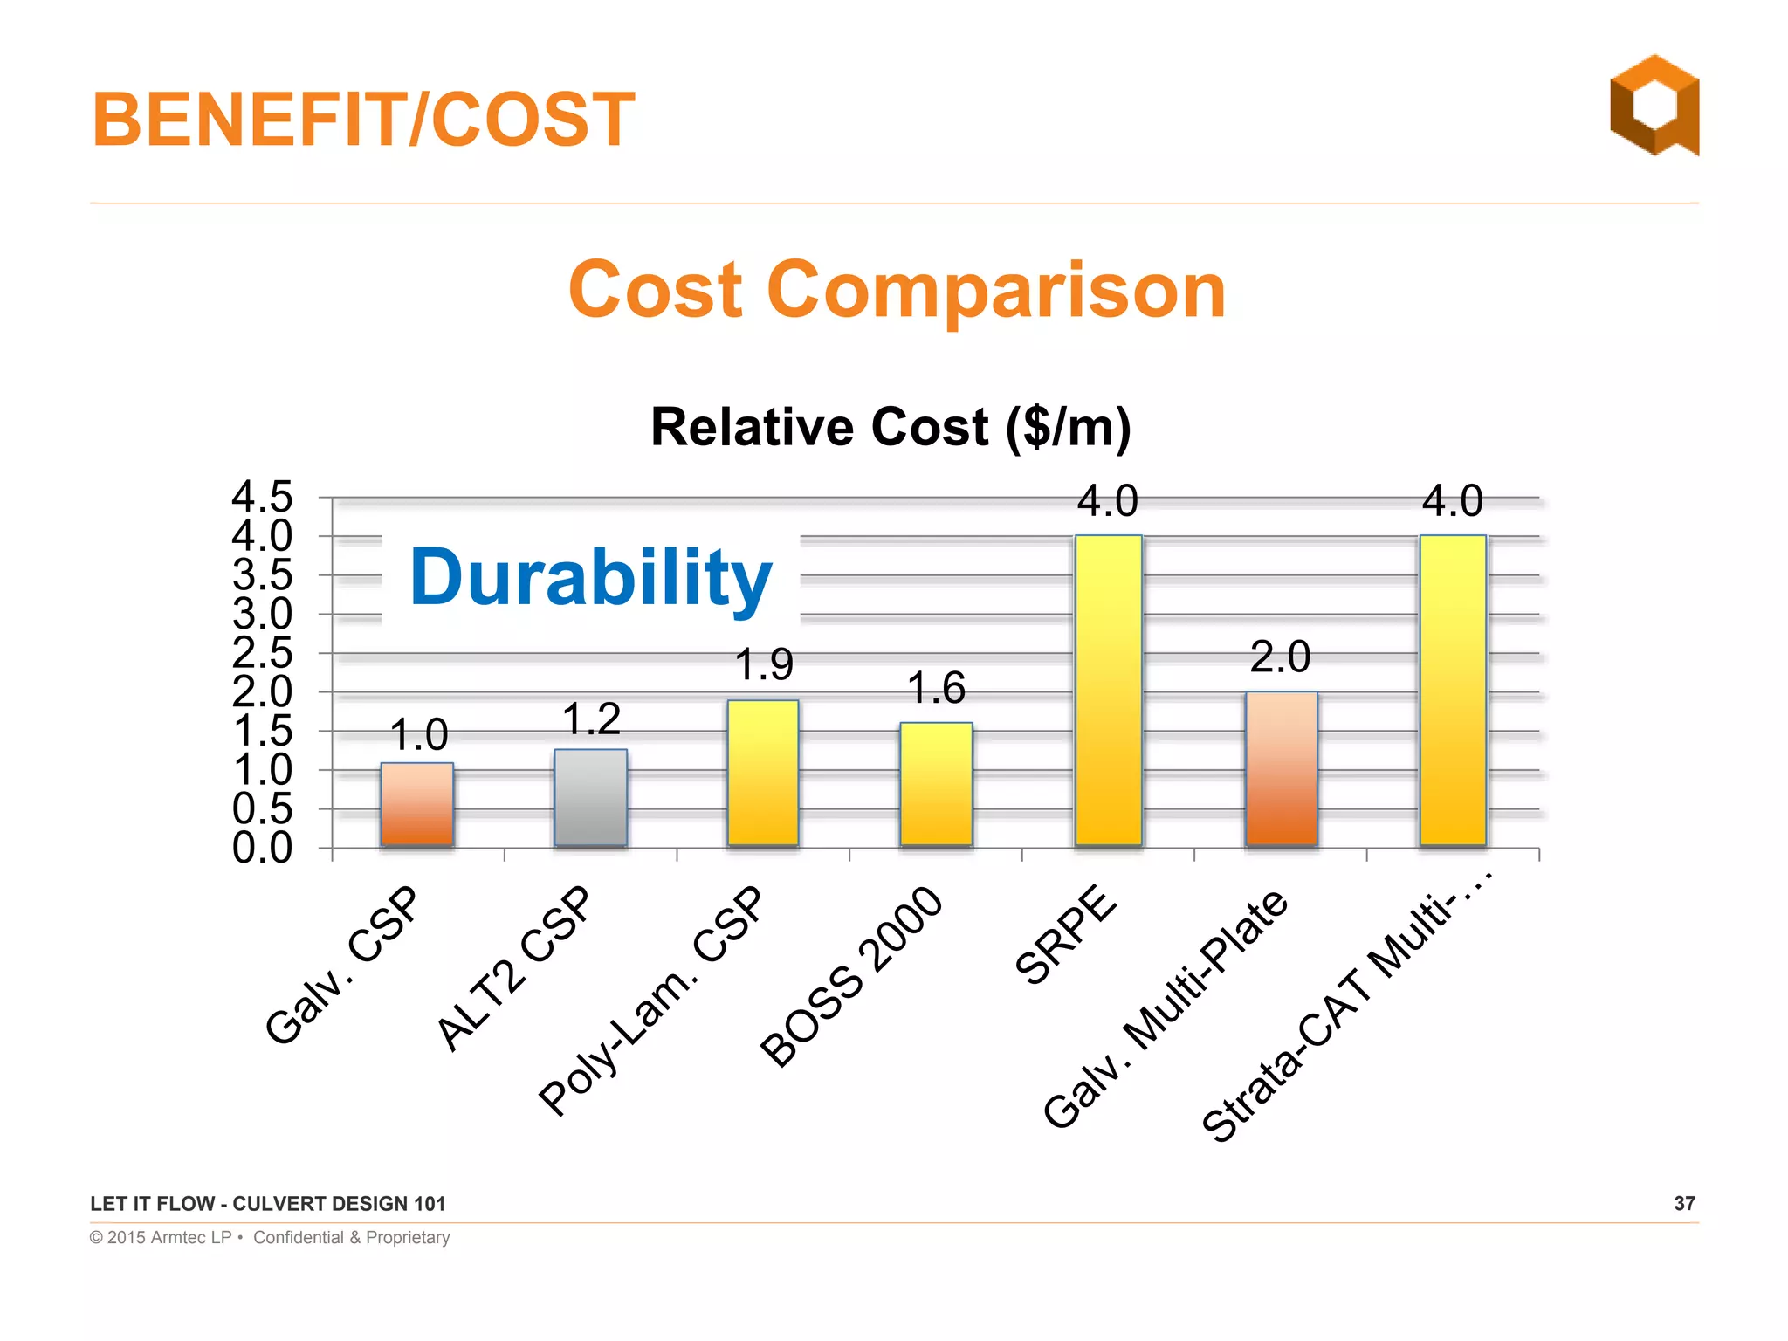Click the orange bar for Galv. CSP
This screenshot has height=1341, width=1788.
pyautogui.click(x=416, y=805)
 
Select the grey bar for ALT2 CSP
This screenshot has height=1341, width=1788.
pyautogui.click(x=590, y=798)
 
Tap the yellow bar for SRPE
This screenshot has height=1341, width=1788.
pyautogui.click(x=1108, y=690)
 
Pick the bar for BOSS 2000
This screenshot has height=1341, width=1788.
pyautogui.click(x=936, y=784)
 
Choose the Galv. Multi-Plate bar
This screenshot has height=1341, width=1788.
pyautogui.click(x=1281, y=768)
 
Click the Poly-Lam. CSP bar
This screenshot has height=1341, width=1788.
pyautogui.click(x=763, y=773)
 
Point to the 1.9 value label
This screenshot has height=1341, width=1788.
pyautogui.click(x=764, y=665)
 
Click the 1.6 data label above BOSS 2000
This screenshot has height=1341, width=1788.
pyautogui.click(x=936, y=689)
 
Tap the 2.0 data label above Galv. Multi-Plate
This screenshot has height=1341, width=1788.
pyautogui.click(x=1280, y=657)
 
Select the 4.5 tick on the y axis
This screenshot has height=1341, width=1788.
pyautogui.click(x=262, y=498)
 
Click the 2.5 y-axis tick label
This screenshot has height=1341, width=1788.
pyautogui.click(x=262, y=653)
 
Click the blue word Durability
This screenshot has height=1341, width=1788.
pyautogui.click(x=591, y=578)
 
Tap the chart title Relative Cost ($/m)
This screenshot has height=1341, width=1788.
pyautogui.click(x=891, y=428)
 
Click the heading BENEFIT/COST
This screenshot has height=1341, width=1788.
pyautogui.click(x=363, y=120)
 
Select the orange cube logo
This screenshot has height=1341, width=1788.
pyautogui.click(x=1654, y=106)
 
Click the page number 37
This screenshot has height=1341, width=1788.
pyautogui.click(x=1684, y=1204)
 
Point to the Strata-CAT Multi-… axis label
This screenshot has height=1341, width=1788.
pyautogui.click(x=1349, y=1008)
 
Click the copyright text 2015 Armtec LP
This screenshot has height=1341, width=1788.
pyautogui.click(x=168, y=1238)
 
